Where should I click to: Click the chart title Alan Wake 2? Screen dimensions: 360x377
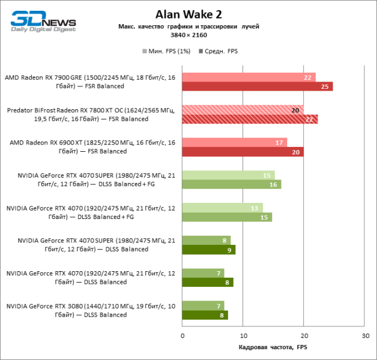pos(188,14)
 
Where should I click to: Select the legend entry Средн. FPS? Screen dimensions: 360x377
pos(220,52)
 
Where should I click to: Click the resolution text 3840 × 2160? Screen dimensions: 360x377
pos(188,35)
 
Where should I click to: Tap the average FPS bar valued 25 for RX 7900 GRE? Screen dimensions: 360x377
pos(258,86)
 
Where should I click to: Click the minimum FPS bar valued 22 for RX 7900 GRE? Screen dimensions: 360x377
pos(249,77)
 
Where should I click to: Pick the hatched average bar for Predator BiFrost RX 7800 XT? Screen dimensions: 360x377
pos(250,119)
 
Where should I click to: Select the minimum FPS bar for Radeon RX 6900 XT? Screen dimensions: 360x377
pos(235,142)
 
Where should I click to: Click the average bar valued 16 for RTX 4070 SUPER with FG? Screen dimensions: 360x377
pos(232,184)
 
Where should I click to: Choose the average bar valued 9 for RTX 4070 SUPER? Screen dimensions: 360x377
pos(209,250)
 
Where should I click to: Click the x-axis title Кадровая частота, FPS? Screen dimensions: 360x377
pos(273,347)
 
